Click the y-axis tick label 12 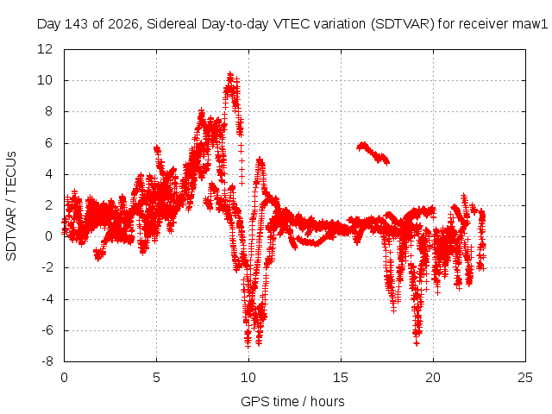45,49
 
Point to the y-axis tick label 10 45,80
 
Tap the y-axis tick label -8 47,361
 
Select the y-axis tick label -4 47,299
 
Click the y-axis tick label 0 48,236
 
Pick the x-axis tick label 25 525,378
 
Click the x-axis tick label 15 341,378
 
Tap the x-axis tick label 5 156,378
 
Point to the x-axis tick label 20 433,378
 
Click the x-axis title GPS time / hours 292,401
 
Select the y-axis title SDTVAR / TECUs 11,206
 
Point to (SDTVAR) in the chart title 403,24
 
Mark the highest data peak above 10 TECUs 230,74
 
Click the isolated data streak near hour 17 373,154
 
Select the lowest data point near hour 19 417,343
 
